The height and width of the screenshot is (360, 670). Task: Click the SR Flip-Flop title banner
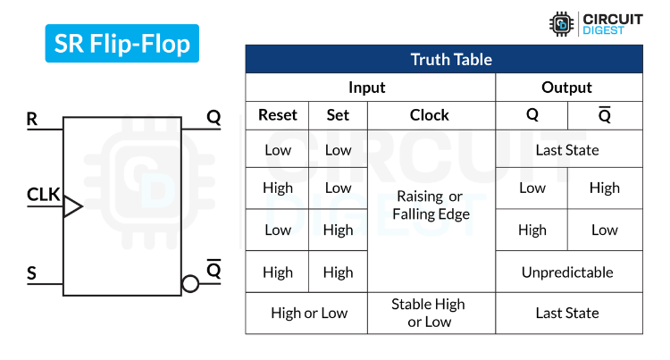122,43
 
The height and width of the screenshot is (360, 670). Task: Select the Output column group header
567,88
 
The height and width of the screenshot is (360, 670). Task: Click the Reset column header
277,115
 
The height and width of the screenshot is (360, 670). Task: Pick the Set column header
338,115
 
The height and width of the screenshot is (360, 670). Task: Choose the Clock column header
430,115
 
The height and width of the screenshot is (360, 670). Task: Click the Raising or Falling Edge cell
430,205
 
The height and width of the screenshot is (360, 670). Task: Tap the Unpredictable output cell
567,272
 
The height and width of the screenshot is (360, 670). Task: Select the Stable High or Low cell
430,314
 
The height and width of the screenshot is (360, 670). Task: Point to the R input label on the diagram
32,118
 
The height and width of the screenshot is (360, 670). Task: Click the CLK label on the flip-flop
43,193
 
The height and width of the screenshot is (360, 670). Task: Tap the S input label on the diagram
32,272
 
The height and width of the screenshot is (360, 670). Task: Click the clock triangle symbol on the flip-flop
72,207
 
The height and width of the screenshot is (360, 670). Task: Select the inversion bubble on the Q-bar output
189,284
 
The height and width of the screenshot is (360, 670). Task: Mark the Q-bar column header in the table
605,115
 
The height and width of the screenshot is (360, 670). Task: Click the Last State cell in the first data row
567,150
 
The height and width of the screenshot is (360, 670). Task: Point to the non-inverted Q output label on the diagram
214,117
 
